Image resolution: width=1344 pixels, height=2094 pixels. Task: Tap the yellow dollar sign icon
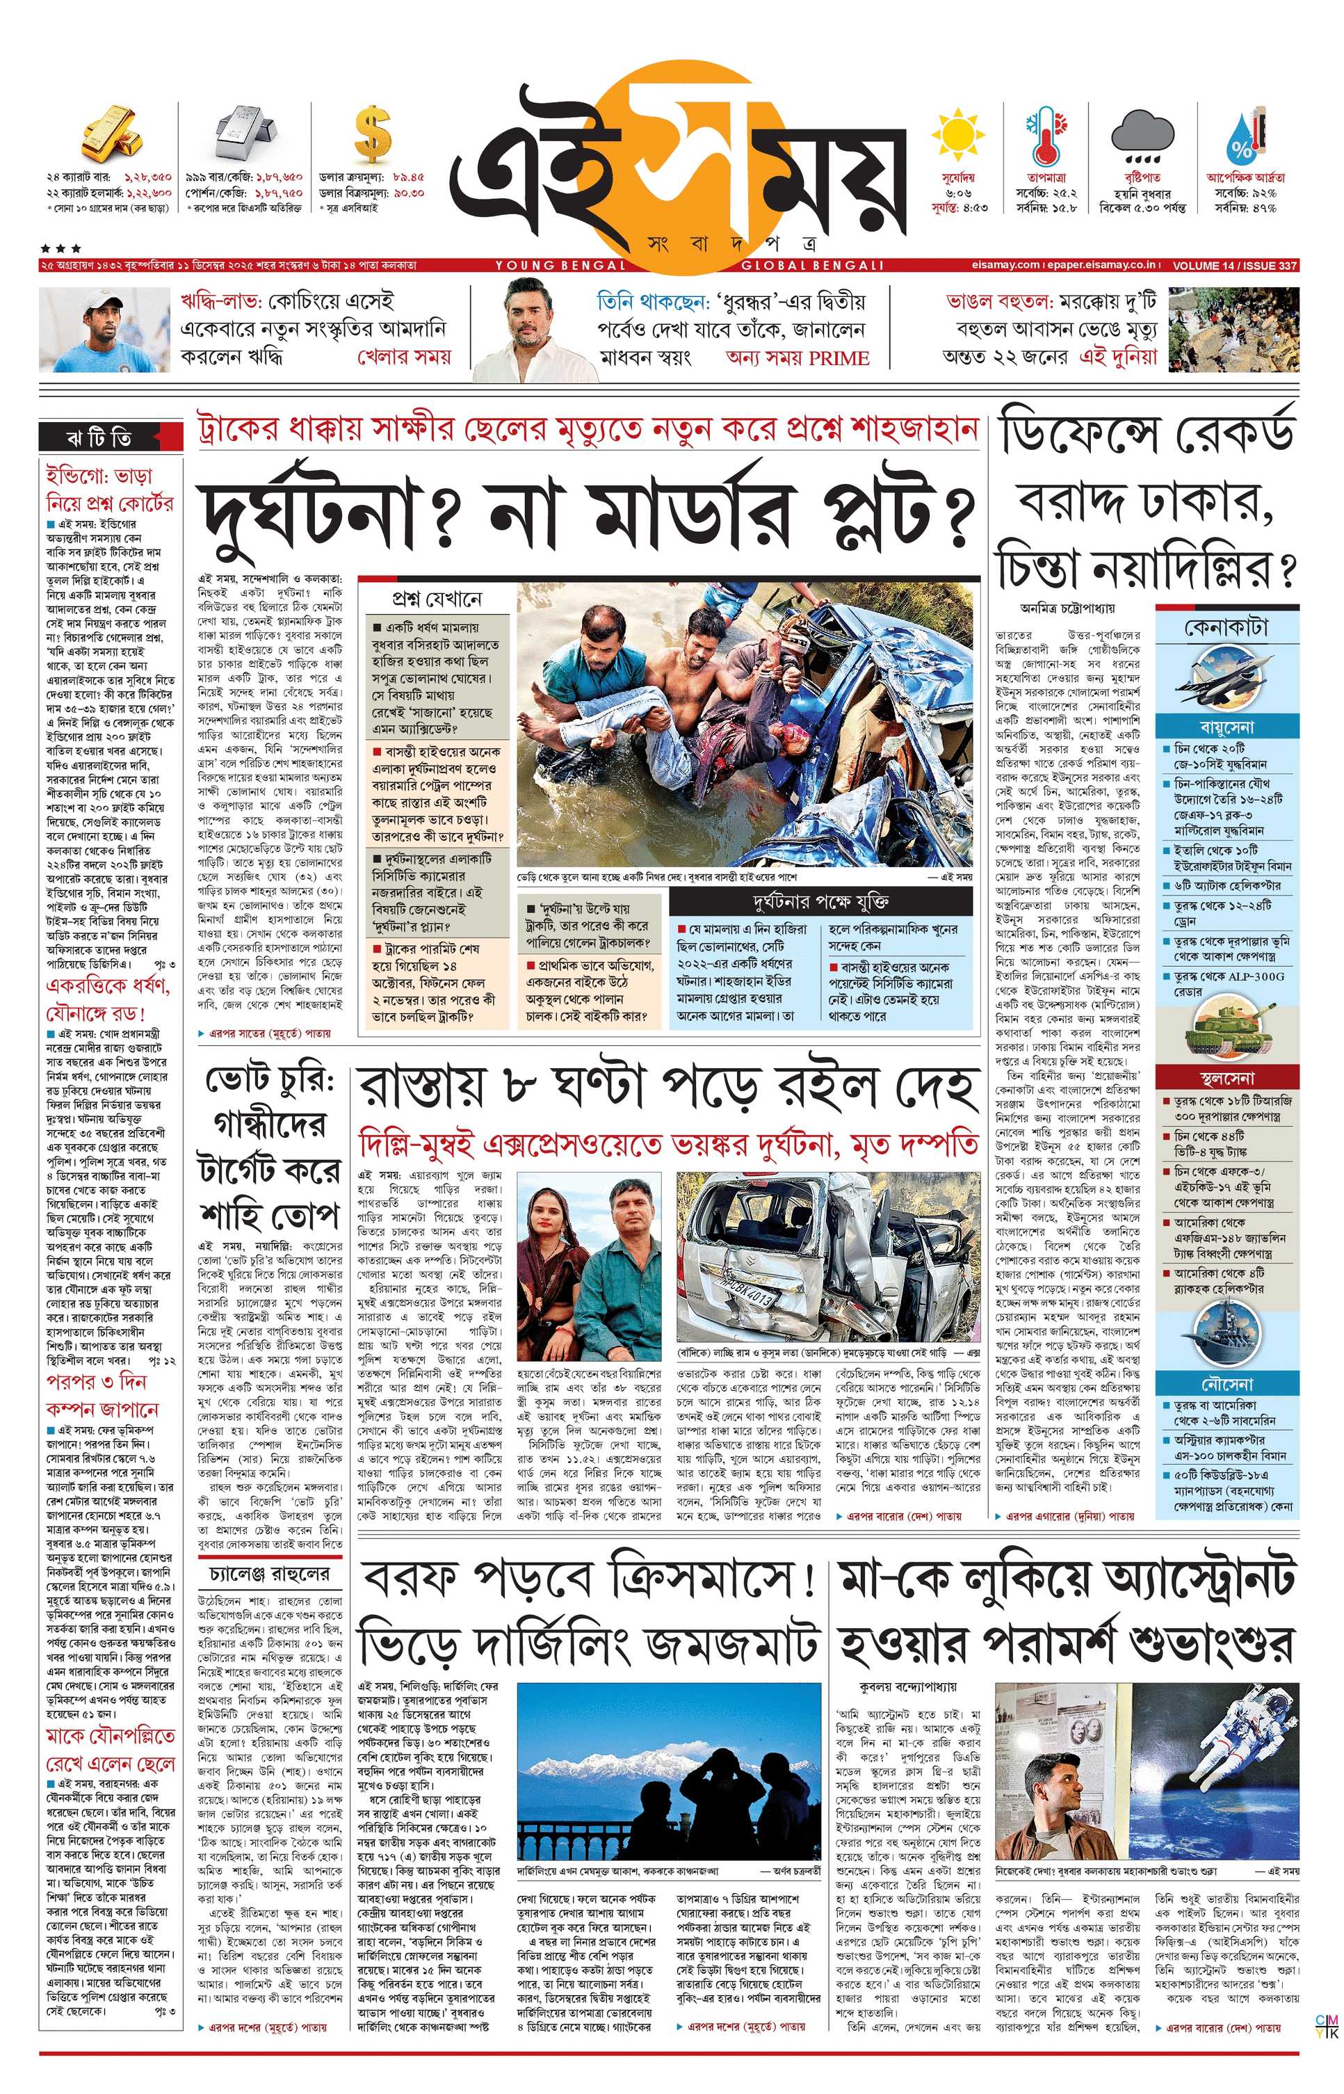[372, 134]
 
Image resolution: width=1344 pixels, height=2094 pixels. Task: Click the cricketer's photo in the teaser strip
[104, 330]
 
